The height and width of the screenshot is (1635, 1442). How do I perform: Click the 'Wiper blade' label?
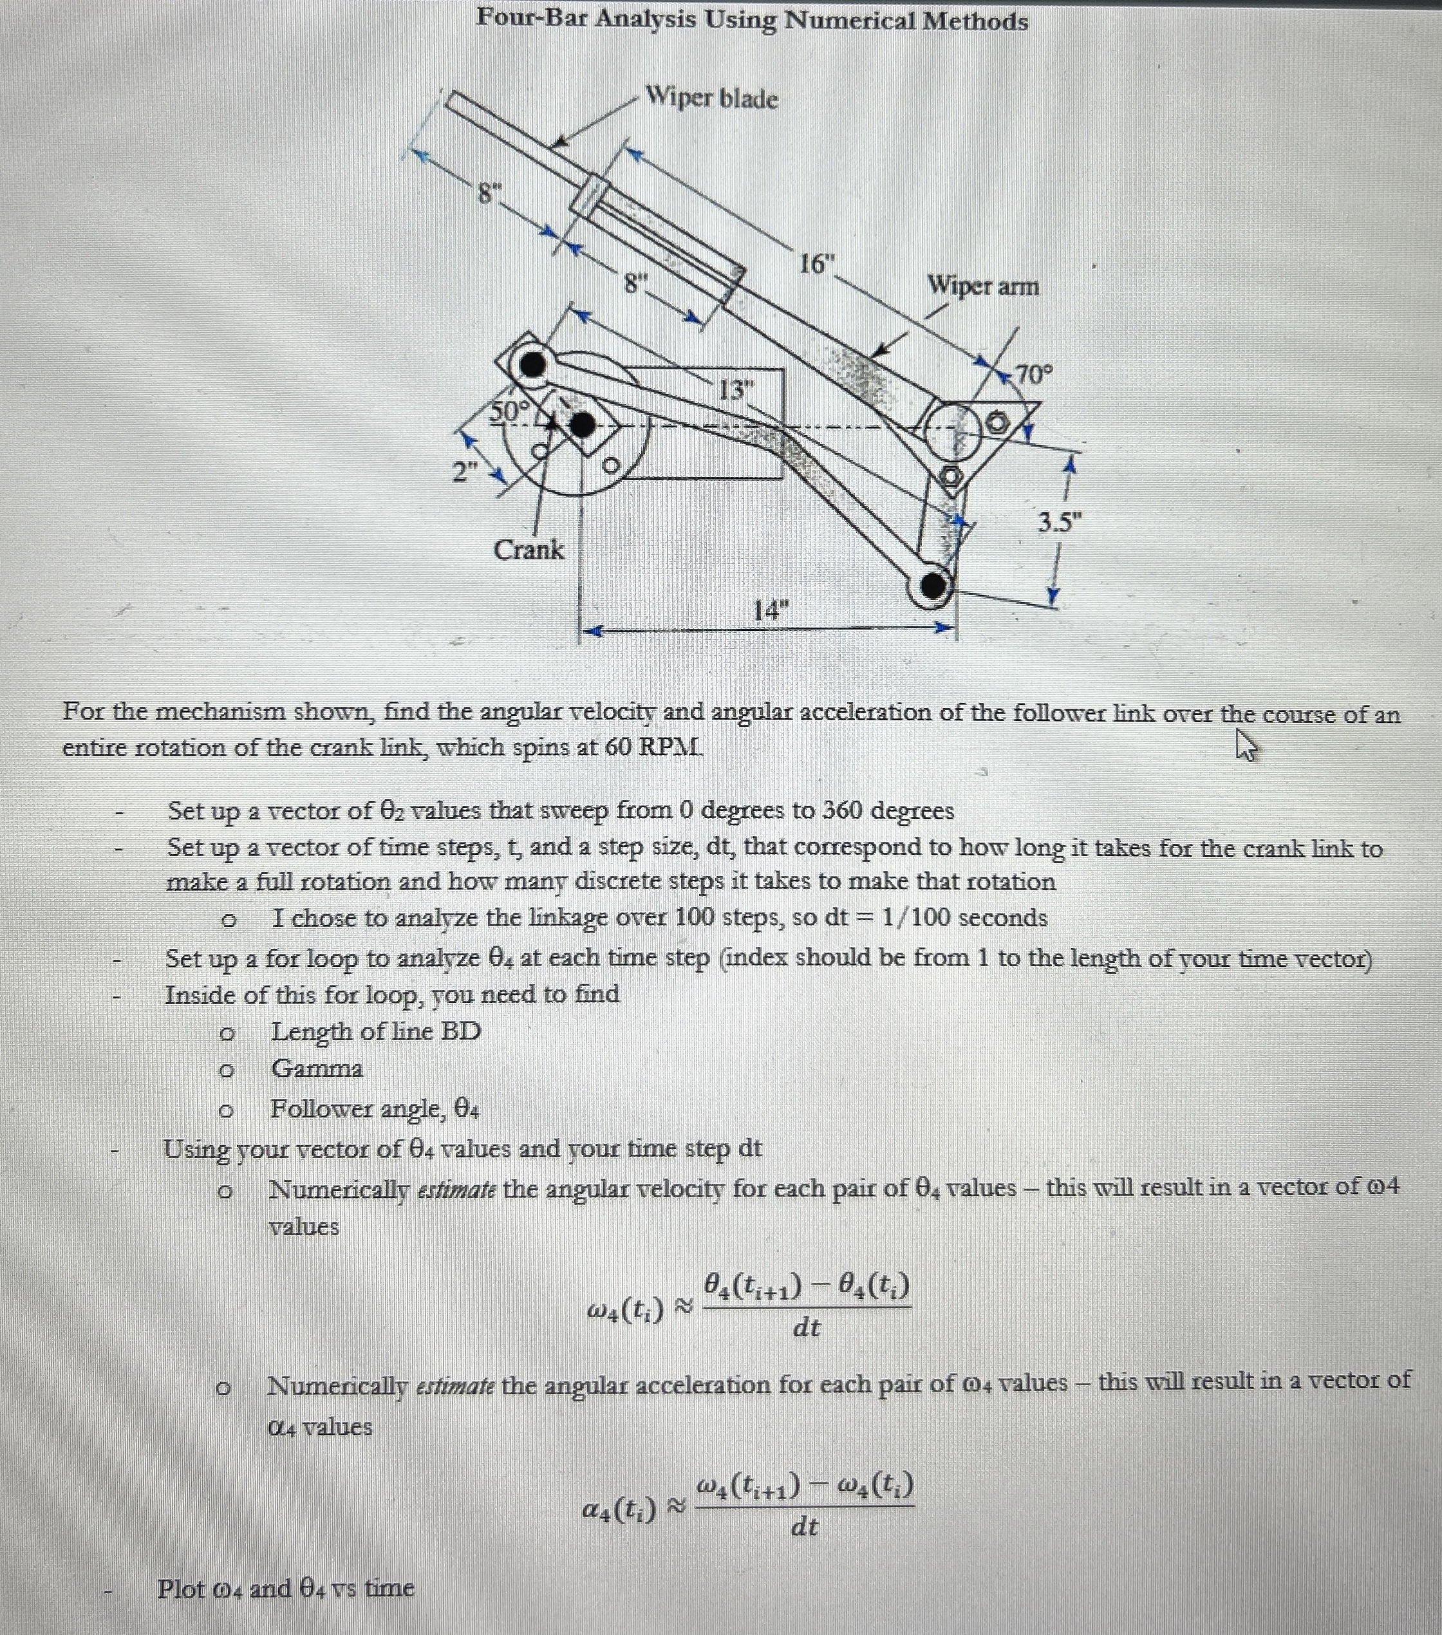pos(711,98)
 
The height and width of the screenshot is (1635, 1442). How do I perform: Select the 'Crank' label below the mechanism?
pos(528,550)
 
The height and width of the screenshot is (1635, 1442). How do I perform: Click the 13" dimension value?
pos(736,390)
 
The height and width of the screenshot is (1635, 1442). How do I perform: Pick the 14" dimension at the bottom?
pos(769,611)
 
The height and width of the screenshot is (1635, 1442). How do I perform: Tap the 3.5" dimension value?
pos(1058,523)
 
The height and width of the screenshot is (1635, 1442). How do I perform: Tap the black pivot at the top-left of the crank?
pos(531,366)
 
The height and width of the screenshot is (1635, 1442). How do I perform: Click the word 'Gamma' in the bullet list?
pos(317,1069)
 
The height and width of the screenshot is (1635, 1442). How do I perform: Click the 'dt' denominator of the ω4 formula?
pos(806,1328)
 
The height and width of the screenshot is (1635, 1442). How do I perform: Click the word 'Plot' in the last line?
pos(182,1588)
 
